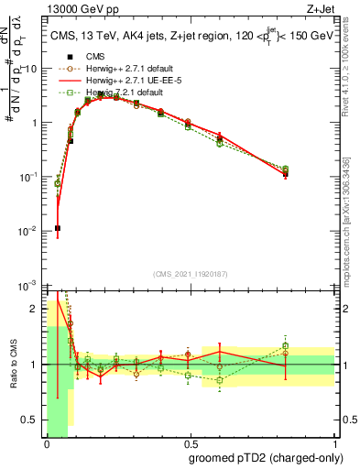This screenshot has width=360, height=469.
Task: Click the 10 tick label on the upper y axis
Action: tap(32, 69)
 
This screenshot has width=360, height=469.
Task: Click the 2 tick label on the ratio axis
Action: tap(38, 308)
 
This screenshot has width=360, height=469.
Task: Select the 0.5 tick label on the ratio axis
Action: tap(33, 420)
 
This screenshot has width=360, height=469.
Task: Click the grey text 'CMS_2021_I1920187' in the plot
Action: tap(189, 274)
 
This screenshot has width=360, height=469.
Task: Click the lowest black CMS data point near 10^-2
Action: tap(57, 228)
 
